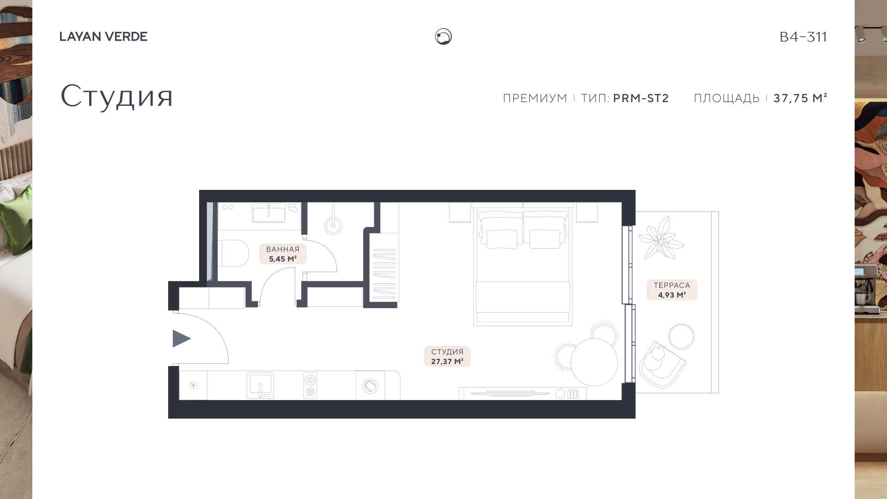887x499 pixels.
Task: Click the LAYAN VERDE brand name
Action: point(103,37)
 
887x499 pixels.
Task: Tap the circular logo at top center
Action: point(443,37)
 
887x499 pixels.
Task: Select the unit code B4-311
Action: point(803,37)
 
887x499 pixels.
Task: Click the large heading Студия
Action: point(117,96)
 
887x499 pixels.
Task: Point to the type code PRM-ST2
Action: point(641,98)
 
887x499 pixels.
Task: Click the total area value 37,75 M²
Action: point(800,98)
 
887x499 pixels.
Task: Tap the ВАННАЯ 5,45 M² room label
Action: point(283,254)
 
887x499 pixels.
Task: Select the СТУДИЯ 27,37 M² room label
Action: point(447,357)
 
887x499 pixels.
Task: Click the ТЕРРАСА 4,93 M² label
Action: point(672,290)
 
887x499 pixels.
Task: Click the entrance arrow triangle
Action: point(181,339)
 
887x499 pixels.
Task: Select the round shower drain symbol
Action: point(333,226)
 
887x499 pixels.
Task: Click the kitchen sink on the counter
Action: point(260,385)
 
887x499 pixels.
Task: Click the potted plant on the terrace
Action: point(660,238)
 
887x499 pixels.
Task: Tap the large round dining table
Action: point(594,362)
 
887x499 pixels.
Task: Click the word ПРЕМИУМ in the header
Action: point(535,98)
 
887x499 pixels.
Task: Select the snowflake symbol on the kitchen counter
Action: point(193,385)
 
